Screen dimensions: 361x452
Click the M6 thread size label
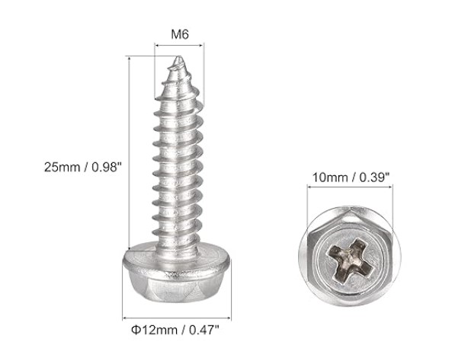point(180,34)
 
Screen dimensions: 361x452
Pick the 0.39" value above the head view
point(373,177)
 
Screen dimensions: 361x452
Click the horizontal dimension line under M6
point(181,46)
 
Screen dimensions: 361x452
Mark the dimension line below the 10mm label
point(348,191)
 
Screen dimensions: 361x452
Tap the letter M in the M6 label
point(175,34)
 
